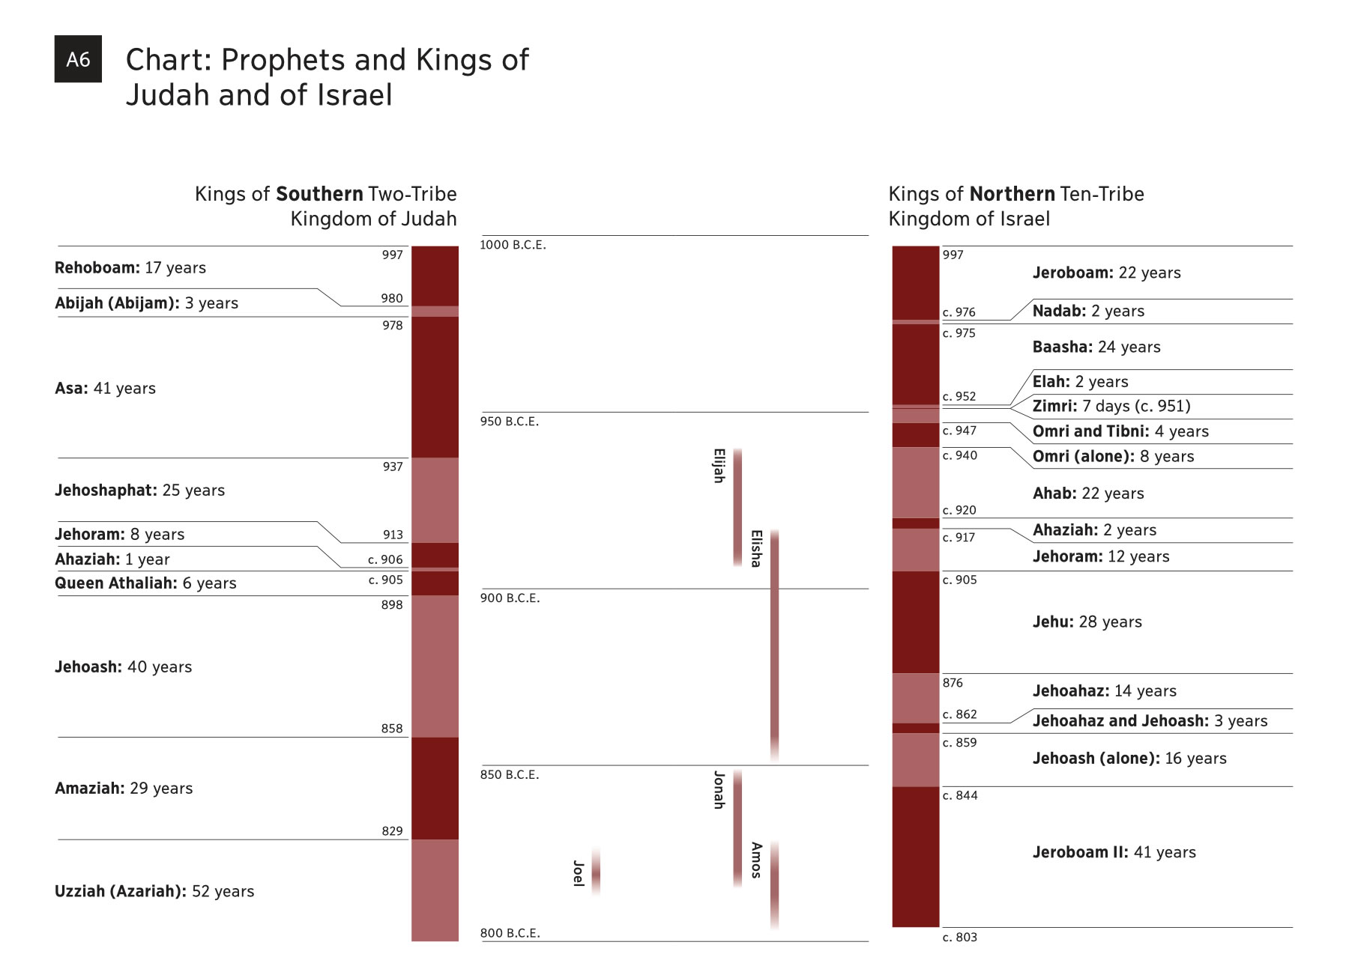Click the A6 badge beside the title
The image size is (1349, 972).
[78, 59]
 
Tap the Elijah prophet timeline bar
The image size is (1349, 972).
[737, 506]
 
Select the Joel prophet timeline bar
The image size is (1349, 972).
[596, 872]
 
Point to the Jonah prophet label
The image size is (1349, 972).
[719, 790]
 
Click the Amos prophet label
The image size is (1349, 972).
[756, 860]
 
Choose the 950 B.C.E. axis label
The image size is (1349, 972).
[510, 422]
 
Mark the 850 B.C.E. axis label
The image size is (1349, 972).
[510, 775]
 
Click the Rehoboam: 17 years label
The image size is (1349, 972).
[130, 268]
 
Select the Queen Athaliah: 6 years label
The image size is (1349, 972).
[145, 583]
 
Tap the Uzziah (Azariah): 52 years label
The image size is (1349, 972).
[154, 891]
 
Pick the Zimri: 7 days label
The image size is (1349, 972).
[1111, 407]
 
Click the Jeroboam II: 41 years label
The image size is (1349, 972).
[1114, 852]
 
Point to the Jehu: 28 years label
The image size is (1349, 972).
[1087, 622]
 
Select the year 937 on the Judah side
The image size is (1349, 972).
[393, 467]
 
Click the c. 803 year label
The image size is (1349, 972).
[959, 938]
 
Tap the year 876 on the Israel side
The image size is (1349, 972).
[953, 683]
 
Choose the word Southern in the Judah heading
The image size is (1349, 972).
[319, 194]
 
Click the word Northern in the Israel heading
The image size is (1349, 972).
[1012, 194]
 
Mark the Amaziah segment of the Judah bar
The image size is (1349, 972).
[435, 788]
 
